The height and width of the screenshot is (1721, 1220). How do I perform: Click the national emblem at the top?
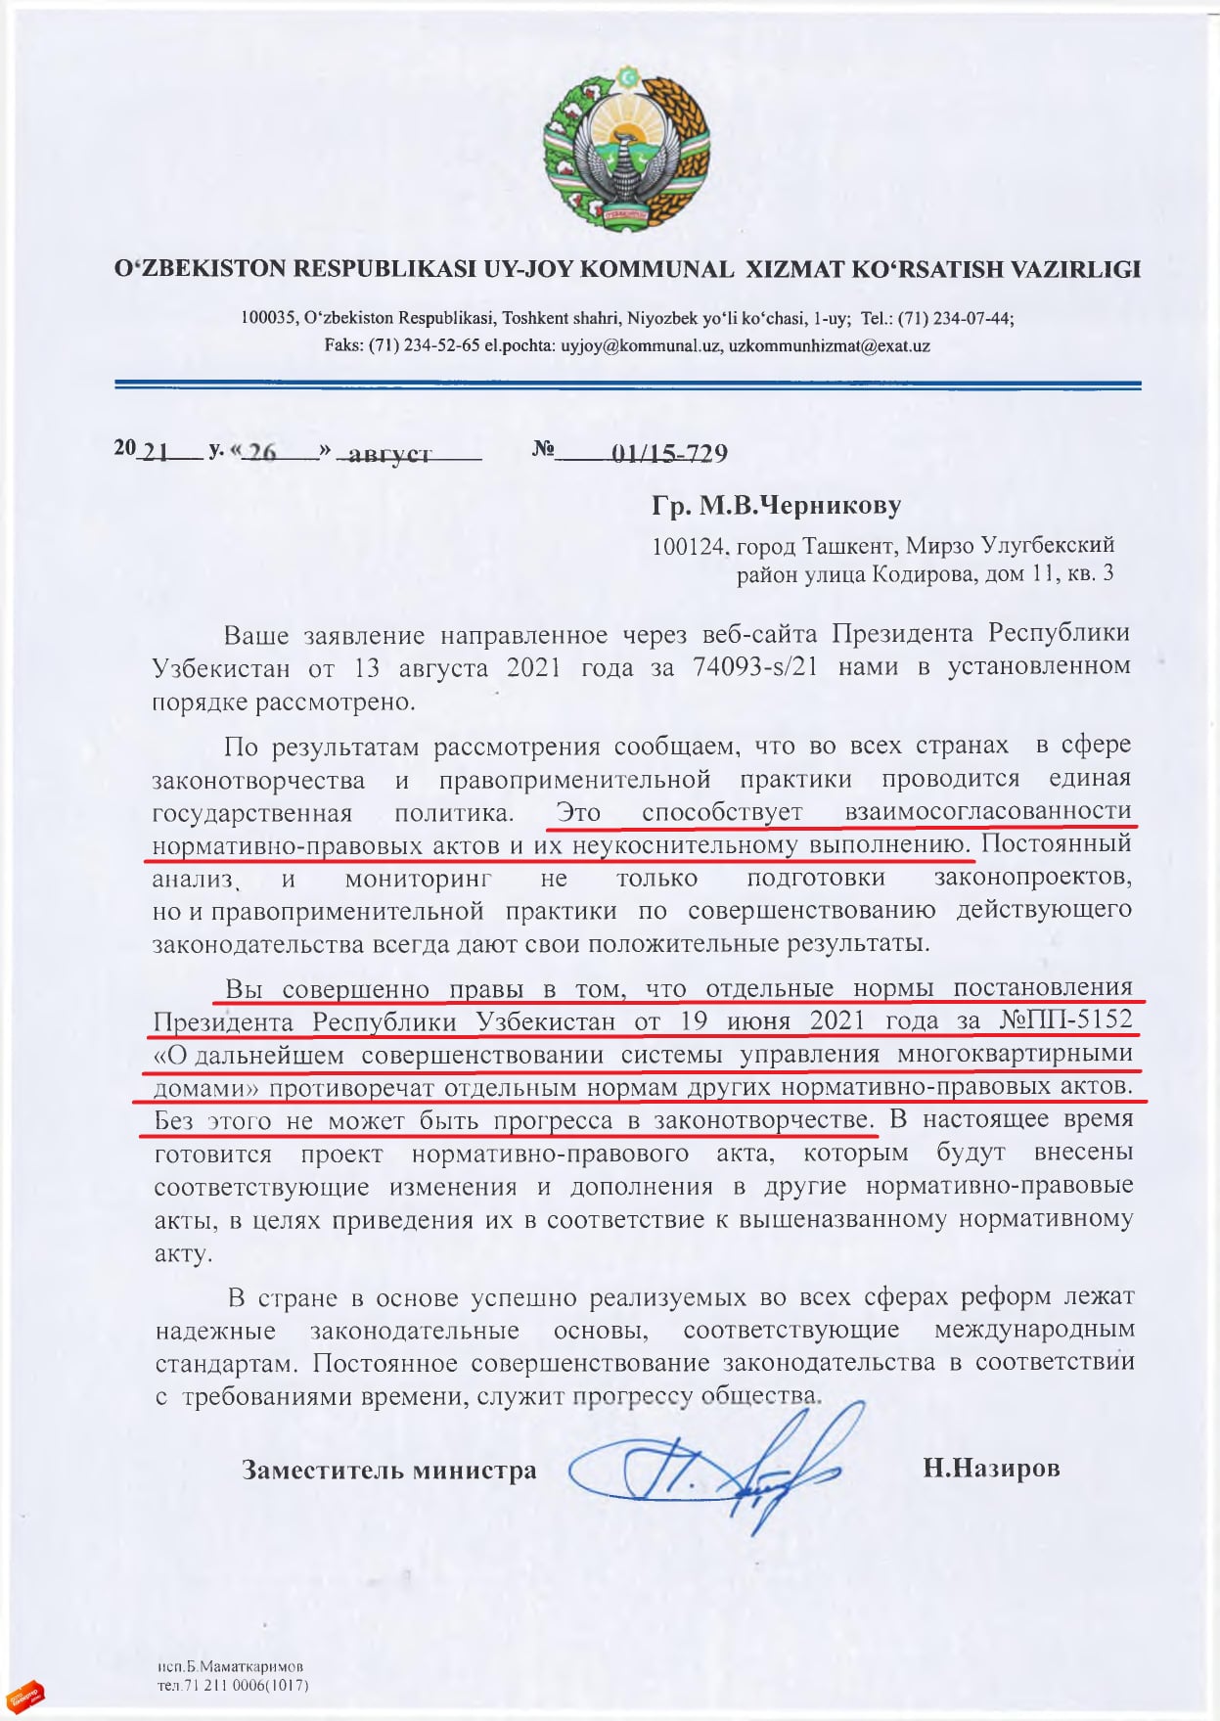pyautogui.click(x=627, y=148)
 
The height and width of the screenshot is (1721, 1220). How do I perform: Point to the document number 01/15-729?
pyautogui.click(x=669, y=454)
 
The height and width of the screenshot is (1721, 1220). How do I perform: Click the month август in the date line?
pyautogui.click(x=390, y=455)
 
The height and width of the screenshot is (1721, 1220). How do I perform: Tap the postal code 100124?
pyautogui.click(x=689, y=546)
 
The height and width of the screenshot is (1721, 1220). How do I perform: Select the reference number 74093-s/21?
pyautogui.click(x=754, y=666)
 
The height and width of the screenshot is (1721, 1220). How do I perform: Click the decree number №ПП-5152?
pyautogui.click(x=1065, y=1020)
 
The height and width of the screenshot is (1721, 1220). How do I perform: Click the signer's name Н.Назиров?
pyautogui.click(x=991, y=1469)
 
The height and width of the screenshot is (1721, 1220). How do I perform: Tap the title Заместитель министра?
pyautogui.click(x=389, y=1471)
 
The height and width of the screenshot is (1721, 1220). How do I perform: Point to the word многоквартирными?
pyautogui.click(x=1015, y=1054)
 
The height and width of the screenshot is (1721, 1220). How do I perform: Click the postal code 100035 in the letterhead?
pyautogui.click(x=268, y=319)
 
